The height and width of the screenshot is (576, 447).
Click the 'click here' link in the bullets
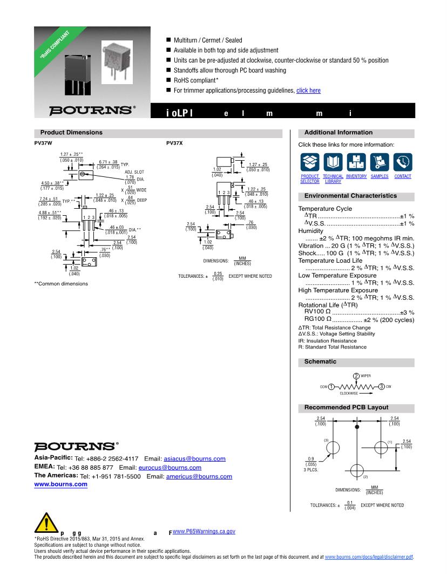point(308,91)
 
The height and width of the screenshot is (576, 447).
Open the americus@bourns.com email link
point(199,477)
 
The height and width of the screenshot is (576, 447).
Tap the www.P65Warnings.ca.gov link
point(204,531)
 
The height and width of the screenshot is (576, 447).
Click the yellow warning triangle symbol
point(46,524)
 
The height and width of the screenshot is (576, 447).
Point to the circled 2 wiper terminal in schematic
point(356,376)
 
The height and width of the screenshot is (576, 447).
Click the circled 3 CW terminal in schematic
point(381,386)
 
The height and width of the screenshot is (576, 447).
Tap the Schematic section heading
point(320,362)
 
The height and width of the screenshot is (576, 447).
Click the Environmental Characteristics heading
point(350,196)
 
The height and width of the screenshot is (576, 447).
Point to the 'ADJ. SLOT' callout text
point(134,172)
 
